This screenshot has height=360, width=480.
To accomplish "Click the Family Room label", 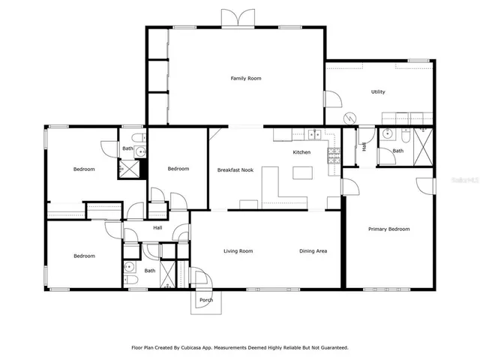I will [245, 78].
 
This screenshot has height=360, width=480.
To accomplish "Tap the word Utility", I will [378, 92].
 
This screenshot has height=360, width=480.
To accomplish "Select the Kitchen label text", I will [301, 152].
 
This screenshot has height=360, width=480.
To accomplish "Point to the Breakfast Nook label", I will [235, 170].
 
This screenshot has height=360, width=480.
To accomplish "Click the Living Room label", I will [238, 251].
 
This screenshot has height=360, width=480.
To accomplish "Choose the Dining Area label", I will [313, 251].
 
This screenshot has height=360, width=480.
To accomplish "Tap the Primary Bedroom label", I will [388, 229].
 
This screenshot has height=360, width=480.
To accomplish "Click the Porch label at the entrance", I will [205, 300].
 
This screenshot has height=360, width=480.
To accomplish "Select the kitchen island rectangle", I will [302, 173].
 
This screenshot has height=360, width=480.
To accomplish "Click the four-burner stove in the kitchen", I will [333, 155].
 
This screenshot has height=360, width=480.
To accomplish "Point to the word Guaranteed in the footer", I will [331, 348].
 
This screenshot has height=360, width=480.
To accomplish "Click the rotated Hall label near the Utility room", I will [364, 147].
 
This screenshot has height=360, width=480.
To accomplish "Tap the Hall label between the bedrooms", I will [157, 228].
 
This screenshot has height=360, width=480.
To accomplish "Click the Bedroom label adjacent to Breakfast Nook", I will [178, 169].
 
